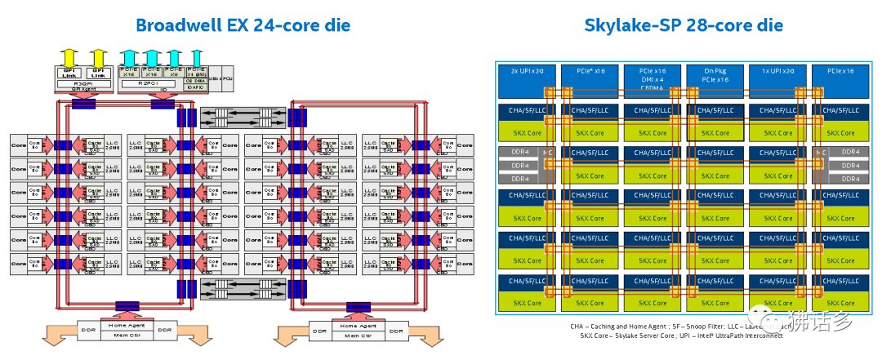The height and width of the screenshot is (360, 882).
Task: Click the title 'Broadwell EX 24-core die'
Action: point(243,25)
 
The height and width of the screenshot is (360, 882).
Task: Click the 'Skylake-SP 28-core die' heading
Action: point(683,25)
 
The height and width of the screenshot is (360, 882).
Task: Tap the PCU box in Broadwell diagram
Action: point(228,76)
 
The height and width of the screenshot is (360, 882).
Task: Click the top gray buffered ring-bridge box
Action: point(243,116)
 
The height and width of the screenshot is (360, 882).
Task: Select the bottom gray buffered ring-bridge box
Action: point(243,287)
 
